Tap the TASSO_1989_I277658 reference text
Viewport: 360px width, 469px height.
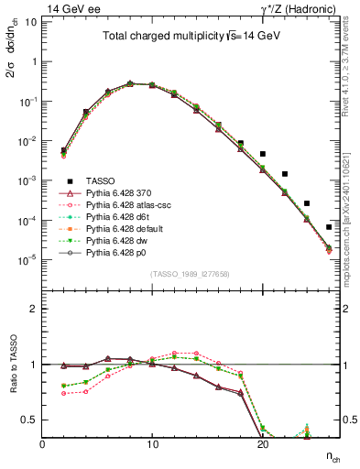click(190, 273)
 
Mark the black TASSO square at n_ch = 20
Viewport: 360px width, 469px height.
click(263, 154)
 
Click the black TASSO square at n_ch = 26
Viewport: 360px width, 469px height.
click(329, 226)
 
